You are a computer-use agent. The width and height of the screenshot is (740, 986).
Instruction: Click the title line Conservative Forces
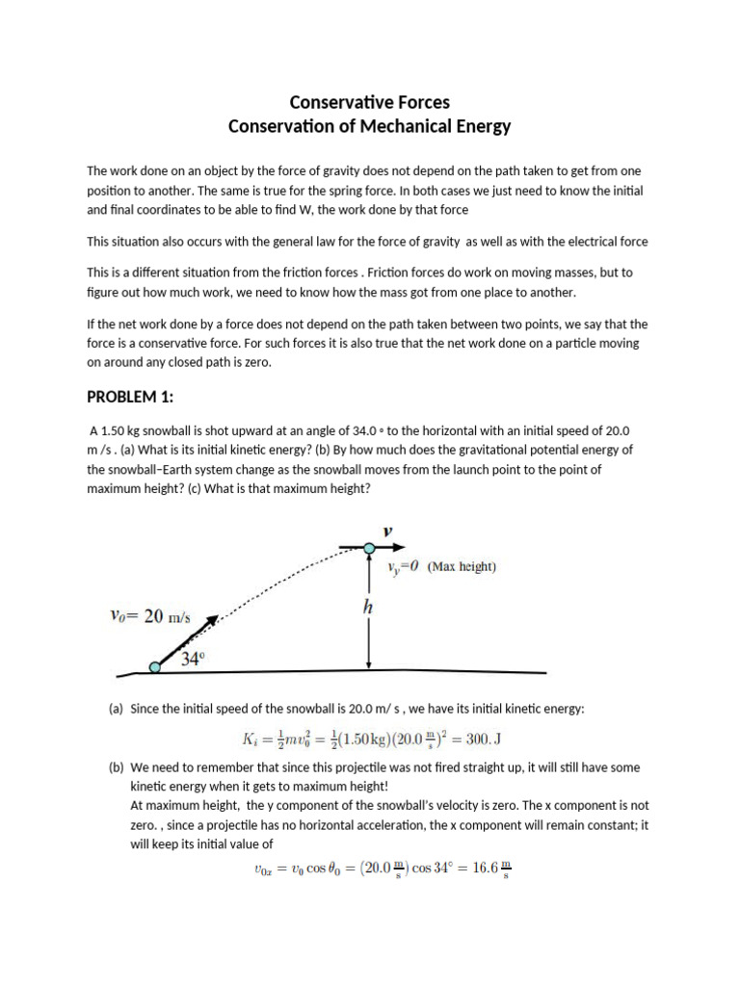370,102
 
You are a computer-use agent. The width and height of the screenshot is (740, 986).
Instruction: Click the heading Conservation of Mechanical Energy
370,126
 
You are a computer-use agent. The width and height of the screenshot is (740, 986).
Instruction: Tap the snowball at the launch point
154,666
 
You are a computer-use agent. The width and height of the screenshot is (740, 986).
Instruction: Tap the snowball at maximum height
369,550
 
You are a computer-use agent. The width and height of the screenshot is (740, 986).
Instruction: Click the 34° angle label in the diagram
195,660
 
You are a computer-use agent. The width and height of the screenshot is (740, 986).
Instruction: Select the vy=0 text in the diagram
403,568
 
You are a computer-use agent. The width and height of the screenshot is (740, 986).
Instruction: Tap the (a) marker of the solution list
116,709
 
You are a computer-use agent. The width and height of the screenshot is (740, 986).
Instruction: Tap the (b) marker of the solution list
116,768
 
